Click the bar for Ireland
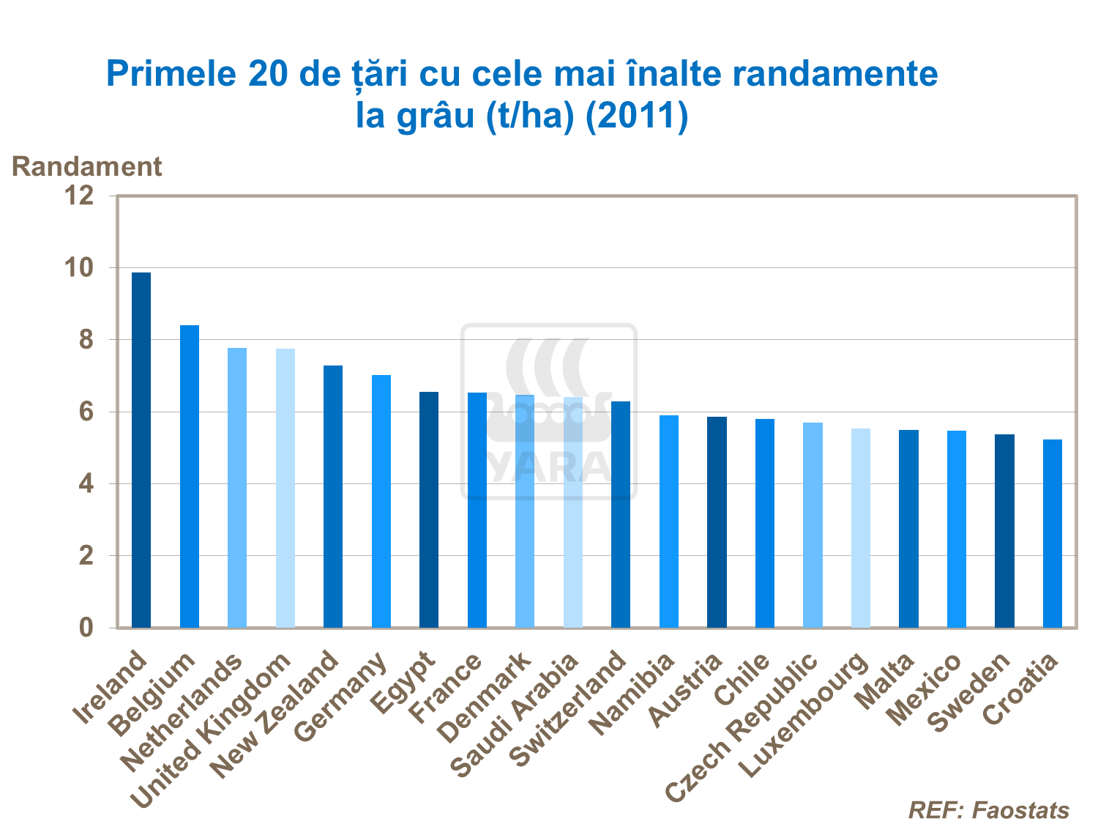coord(141,450)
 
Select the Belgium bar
coord(190,476)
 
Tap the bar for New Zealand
coord(333,496)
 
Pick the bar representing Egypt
coord(429,509)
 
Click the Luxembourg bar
coord(861,527)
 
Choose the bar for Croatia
coord(1053,533)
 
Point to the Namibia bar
coord(669,521)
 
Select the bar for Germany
coord(381,501)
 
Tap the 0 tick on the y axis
coord(86,628)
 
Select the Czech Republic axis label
coord(742,725)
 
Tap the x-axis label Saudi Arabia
coord(515,715)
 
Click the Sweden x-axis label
coord(969,691)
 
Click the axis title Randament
coord(86,167)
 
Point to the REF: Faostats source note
coord(988,810)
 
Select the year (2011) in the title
coord(637,116)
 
